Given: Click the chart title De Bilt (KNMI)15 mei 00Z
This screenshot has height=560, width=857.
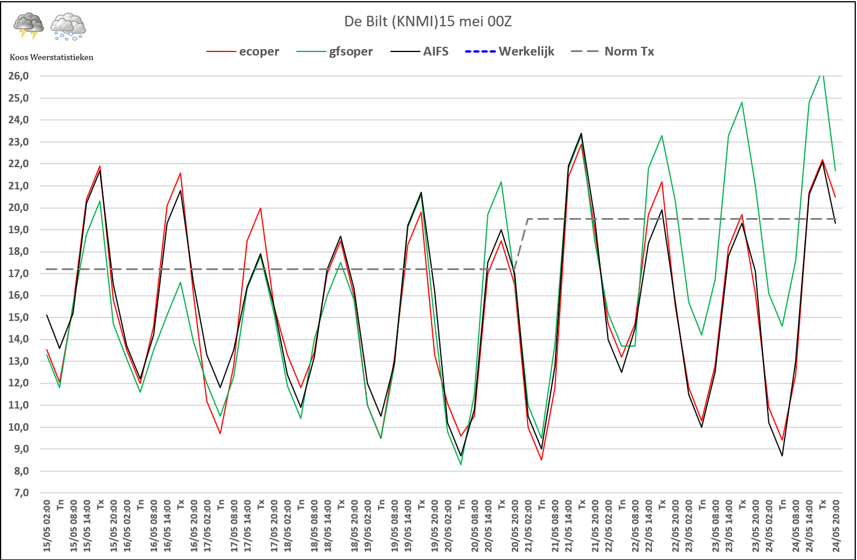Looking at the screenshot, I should click(x=428, y=22).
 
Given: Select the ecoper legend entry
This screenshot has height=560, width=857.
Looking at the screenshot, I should click(x=259, y=51).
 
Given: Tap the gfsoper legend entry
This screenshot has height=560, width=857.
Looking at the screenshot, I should click(x=350, y=51).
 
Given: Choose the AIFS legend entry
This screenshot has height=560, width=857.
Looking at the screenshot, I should click(x=435, y=51).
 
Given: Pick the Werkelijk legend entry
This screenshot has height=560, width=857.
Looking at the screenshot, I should click(x=526, y=51).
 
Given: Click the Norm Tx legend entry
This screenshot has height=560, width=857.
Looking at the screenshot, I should click(x=629, y=51).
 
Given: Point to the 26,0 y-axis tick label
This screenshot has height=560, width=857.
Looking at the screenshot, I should click(x=19, y=76).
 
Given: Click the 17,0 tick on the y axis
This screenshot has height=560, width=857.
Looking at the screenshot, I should click(x=19, y=274).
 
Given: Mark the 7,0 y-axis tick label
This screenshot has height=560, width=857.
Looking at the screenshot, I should click(x=19, y=493).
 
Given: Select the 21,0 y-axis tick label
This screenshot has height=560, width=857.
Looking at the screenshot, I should click(x=19, y=186).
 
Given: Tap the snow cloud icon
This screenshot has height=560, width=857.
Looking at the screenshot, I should click(x=68, y=26).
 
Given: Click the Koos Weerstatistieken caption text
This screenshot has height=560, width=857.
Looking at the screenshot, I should click(x=51, y=57).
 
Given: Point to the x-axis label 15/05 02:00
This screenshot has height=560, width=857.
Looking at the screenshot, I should click(x=47, y=525).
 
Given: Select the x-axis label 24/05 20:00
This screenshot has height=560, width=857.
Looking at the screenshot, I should click(x=836, y=525).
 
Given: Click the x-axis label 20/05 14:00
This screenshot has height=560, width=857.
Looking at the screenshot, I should click(x=488, y=525).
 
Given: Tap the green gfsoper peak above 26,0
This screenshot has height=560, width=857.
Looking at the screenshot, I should click(x=822, y=74).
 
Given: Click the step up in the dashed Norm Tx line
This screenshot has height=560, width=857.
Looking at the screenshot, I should click(x=521, y=244).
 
